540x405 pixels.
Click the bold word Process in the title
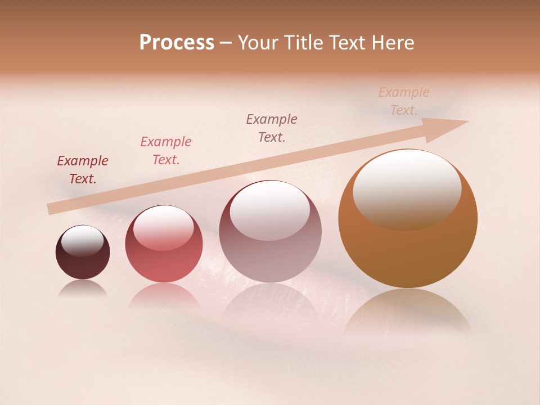click(177, 43)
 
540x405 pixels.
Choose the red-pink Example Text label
click(166, 151)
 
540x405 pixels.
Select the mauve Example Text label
click(272, 128)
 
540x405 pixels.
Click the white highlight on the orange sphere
click(407, 188)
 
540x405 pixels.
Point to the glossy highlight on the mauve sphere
click(270, 210)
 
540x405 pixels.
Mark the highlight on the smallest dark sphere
click(82, 241)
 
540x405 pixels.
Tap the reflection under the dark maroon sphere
click(83, 289)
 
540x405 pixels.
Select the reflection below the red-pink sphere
click(164, 295)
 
